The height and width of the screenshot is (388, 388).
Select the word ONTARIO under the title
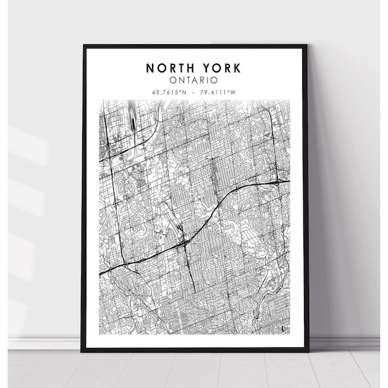[x=195, y=80]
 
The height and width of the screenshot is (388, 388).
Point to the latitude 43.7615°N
[x=170, y=92]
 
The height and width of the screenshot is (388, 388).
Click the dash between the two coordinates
[x=195, y=92]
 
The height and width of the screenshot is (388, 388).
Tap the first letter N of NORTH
[x=150, y=68]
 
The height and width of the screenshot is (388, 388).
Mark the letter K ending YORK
[x=237, y=68]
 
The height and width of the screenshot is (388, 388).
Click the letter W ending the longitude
[x=235, y=92]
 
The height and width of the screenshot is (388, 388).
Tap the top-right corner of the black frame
[x=307, y=45]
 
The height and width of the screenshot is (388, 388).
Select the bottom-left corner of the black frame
[x=82, y=351]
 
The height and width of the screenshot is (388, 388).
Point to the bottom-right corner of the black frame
[x=308, y=351]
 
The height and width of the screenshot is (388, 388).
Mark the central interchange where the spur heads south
[x=186, y=242]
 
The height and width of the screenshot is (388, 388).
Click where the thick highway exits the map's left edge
[x=101, y=274]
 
